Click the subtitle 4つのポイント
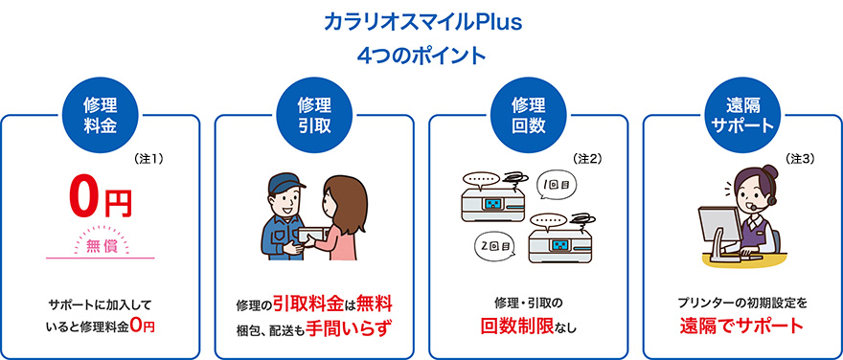[421, 55]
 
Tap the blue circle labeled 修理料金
[102, 115]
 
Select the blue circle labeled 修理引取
[315, 115]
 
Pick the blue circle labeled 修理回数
[528, 115]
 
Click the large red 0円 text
[100, 198]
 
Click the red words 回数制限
[513, 326]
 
